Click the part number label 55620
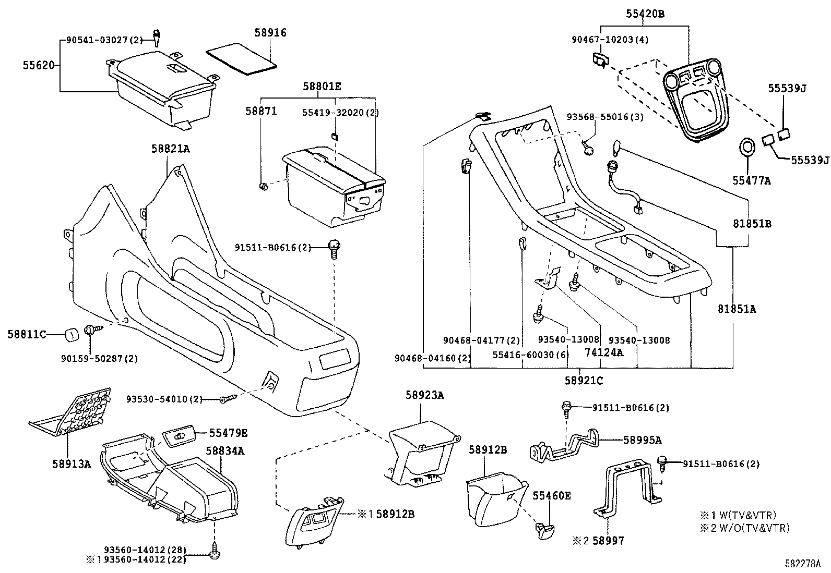point(38,65)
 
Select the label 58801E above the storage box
point(322,87)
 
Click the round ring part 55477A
point(748,148)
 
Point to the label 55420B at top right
point(645,14)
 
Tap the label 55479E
point(228,433)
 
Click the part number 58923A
point(424,395)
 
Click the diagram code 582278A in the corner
point(802,564)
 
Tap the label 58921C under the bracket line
point(583,381)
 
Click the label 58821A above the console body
point(170,149)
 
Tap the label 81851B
point(752,224)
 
